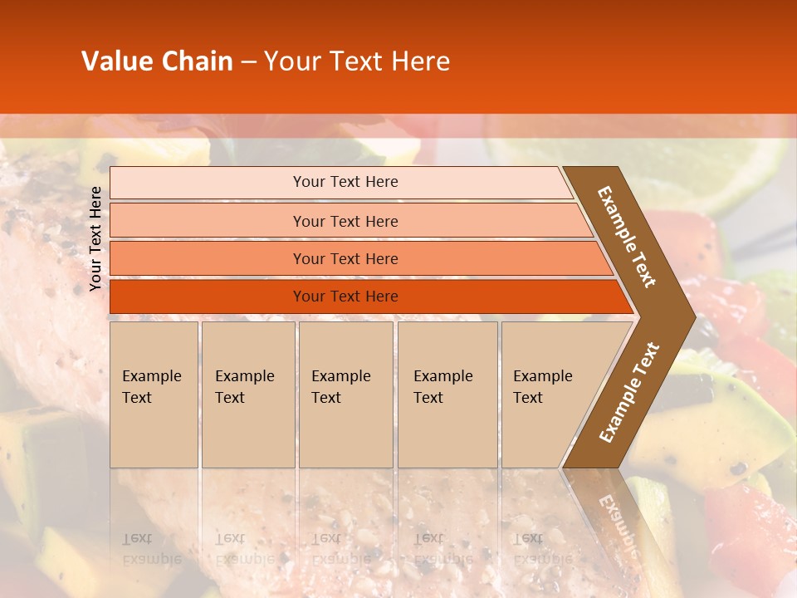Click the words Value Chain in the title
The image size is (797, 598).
157,61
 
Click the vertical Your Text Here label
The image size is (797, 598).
95,238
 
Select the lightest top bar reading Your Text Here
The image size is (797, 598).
345,182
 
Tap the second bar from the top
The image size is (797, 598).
345,221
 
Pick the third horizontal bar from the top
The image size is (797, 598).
345,258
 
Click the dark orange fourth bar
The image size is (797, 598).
345,297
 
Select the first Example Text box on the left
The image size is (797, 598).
154,394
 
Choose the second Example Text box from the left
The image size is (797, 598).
247,394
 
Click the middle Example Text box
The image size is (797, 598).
345,394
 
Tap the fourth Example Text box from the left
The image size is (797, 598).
447,394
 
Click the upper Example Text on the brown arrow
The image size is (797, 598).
628,238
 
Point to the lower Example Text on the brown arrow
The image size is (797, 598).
629,392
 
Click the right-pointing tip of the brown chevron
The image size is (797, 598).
689,316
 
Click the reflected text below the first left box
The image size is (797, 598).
151,548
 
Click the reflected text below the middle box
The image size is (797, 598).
341,548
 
